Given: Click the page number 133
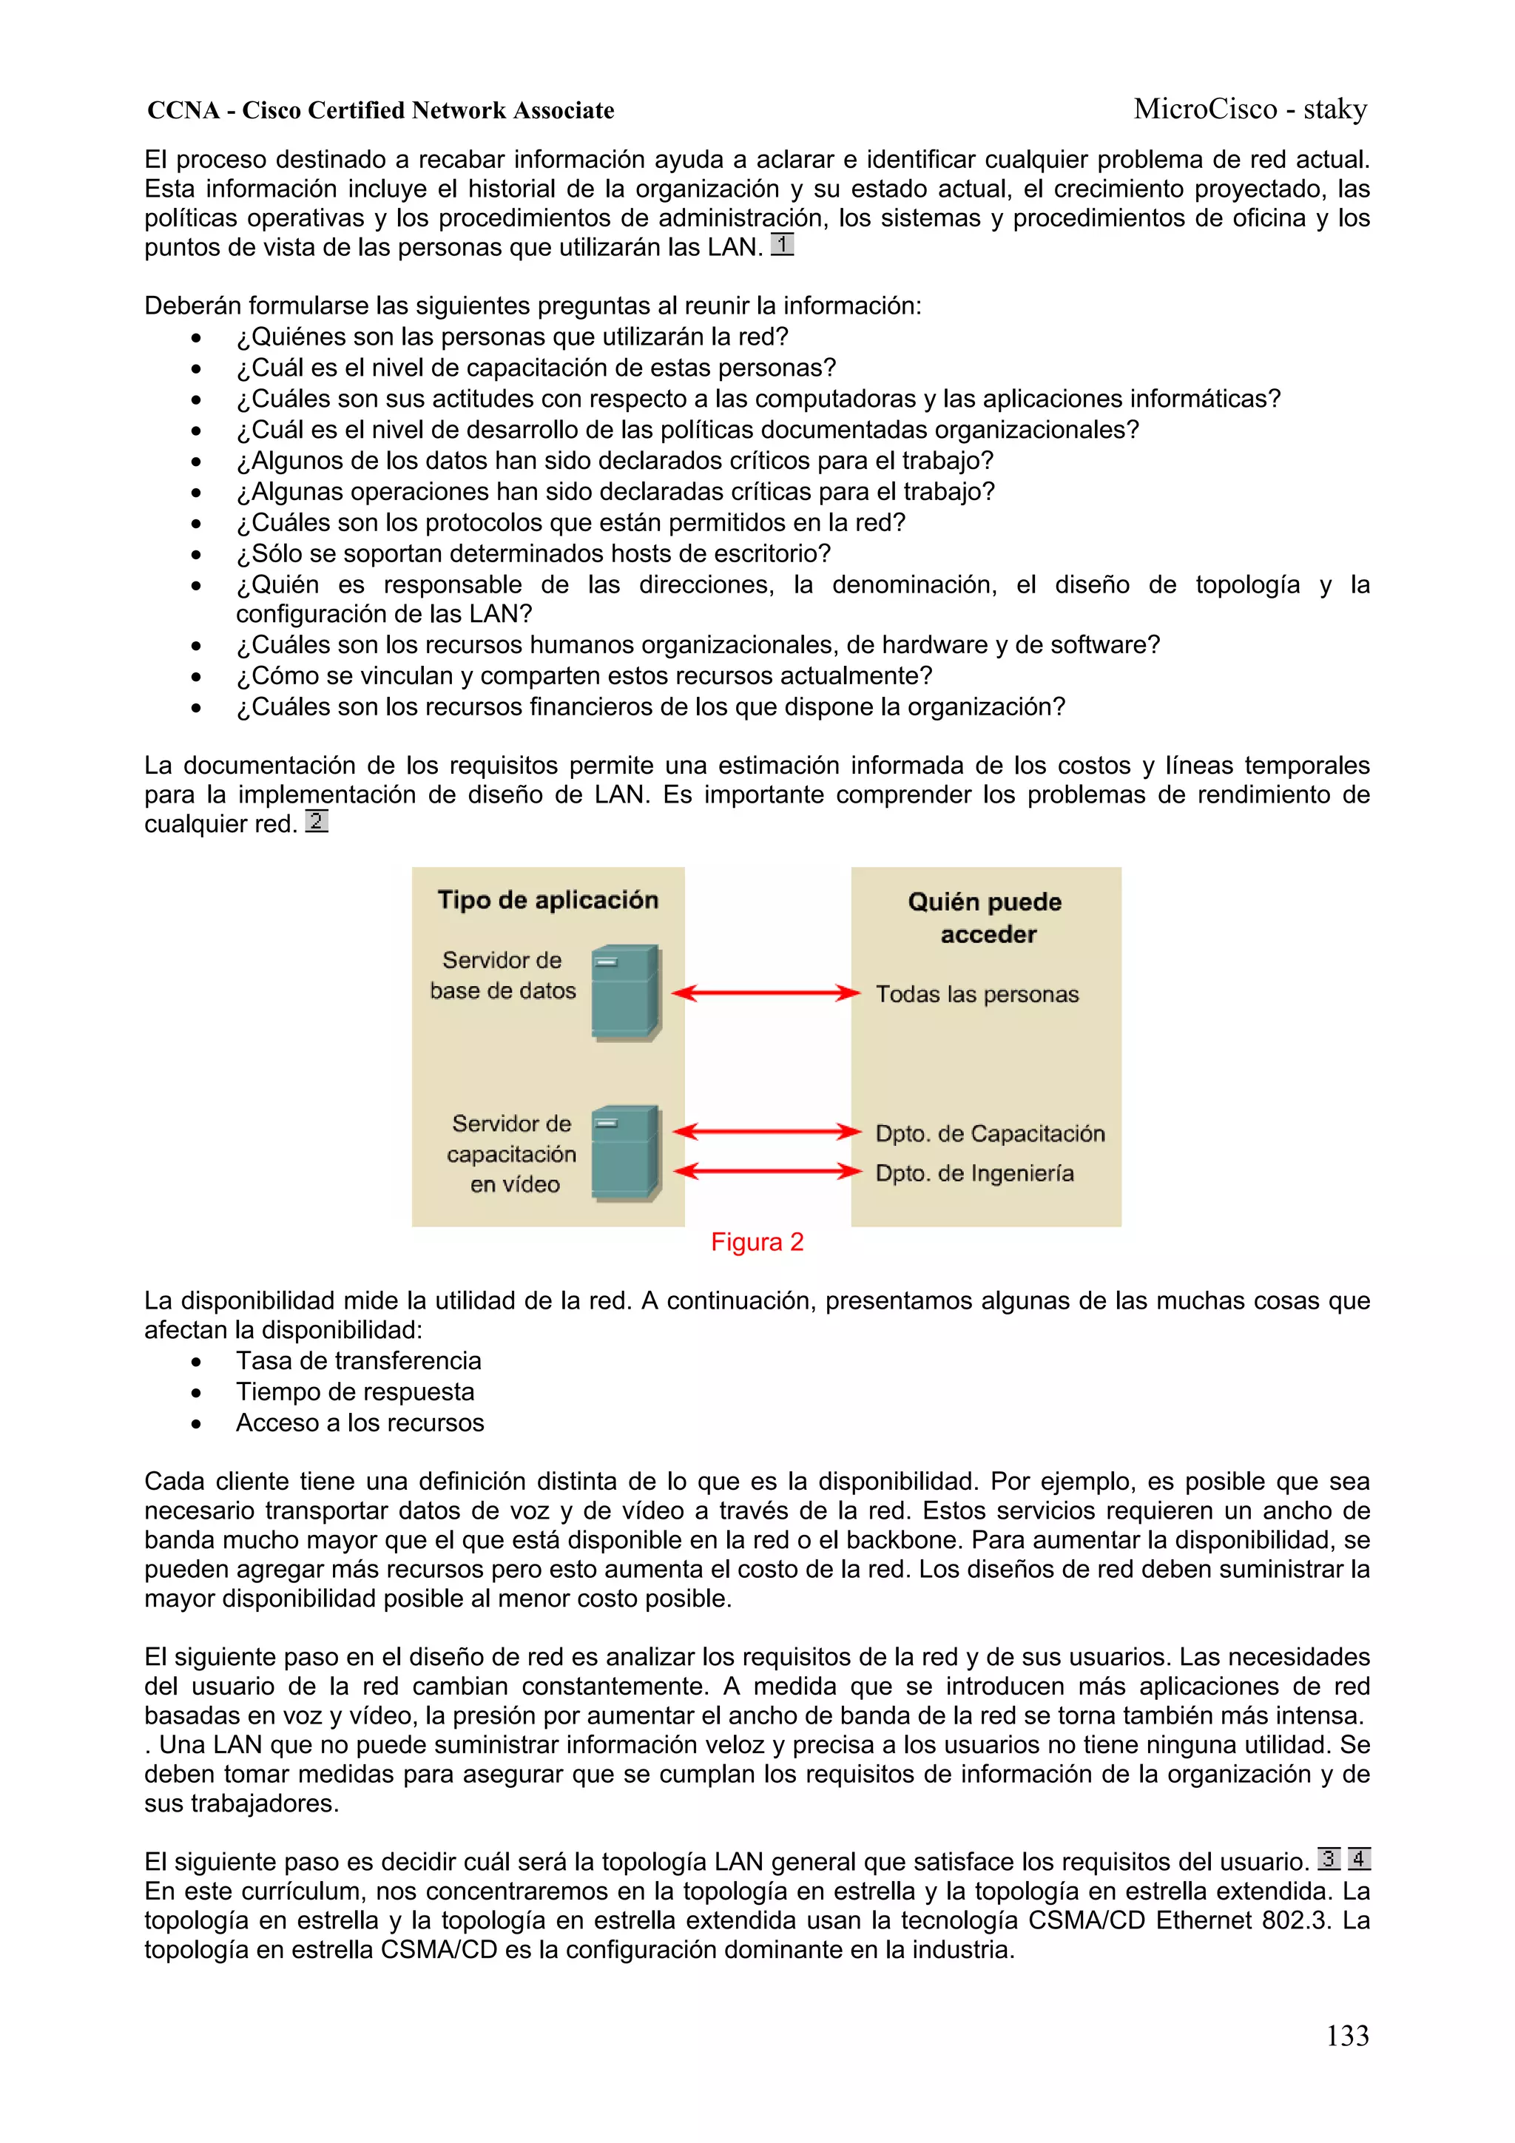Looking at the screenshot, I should tap(1347, 2035).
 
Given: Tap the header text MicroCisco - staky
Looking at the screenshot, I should tap(1250, 109).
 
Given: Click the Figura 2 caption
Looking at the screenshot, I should tap(756, 1241).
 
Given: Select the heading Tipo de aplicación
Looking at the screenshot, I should tap(548, 900).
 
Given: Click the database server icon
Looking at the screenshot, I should tap(625, 992).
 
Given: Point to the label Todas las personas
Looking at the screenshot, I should tap(976, 994).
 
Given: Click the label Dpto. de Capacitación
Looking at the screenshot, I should tap(990, 1133).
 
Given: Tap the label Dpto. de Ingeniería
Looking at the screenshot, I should tap(974, 1173).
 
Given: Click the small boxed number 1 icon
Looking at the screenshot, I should tap(782, 245).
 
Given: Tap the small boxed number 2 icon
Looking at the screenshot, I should tap(317, 821).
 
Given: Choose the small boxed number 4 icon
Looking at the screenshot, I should tap(1359, 1858).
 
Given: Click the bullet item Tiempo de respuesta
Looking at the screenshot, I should tap(355, 1391).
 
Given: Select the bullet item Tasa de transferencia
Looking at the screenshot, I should tap(359, 1361).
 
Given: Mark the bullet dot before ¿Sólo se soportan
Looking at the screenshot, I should tap(196, 554).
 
